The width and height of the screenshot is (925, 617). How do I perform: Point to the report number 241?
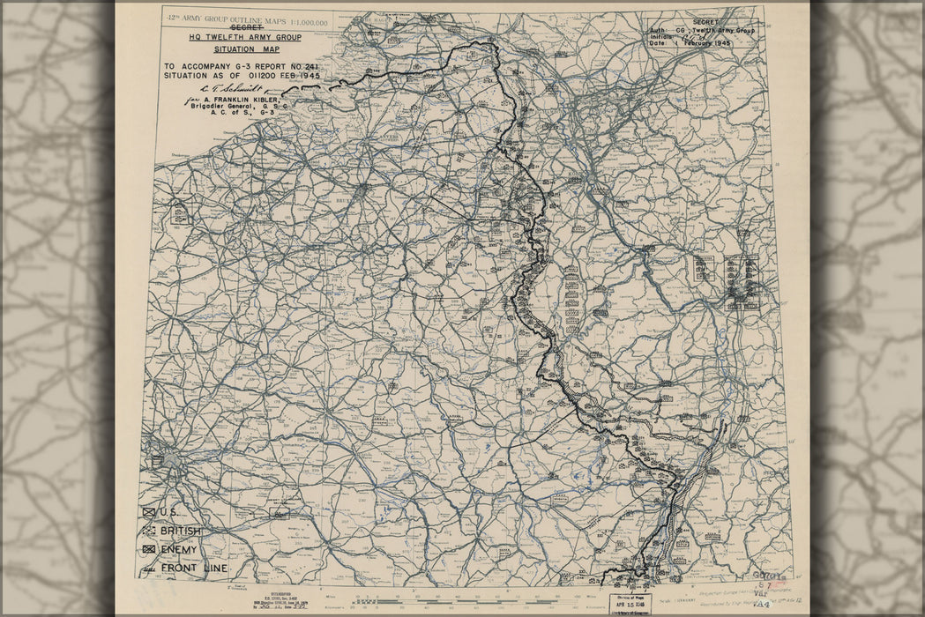(x=309, y=66)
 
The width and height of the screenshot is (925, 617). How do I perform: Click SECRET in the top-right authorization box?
(x=705, y=22)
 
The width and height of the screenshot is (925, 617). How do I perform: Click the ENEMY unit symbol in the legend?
(x=148, y=549)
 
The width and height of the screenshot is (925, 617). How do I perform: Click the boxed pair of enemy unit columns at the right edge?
(x=741, y=282)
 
